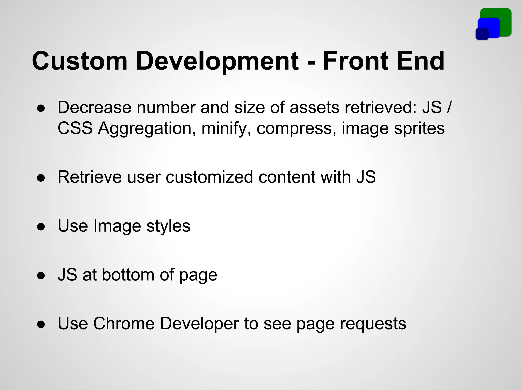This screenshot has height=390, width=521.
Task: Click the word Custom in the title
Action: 79,61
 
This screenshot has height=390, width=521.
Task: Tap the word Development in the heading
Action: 217,61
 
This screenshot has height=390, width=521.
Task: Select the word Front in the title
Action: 356,61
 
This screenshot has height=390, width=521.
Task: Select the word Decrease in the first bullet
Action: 94,107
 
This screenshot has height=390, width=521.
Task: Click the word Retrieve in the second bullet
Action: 90,177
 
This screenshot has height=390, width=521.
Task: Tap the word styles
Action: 168,226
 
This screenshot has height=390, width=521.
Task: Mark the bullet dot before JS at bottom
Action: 41,275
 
